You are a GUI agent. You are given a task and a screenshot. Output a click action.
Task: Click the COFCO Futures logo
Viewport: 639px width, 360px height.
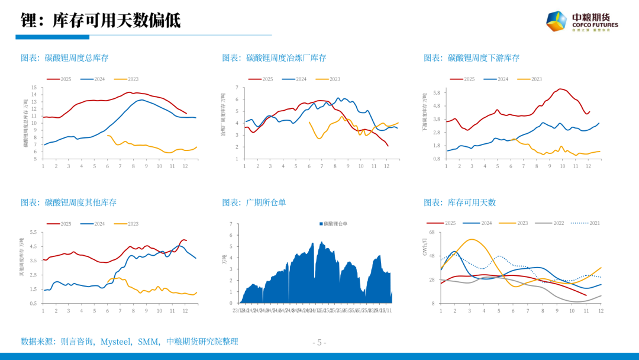[x=582, y=22]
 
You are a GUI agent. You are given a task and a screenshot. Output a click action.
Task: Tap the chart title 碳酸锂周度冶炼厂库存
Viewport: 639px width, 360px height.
[x=274, y=57]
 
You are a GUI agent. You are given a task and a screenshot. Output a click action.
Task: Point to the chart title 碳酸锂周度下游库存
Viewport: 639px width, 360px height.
[x=472, y=57]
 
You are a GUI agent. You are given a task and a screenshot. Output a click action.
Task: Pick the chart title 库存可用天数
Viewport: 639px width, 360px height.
[x=460, y=202]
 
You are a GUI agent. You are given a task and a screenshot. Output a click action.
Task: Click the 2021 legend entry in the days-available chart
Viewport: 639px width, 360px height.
[x=588, y=223]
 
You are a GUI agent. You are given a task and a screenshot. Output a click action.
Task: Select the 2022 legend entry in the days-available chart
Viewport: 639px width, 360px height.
[x=552, y=223]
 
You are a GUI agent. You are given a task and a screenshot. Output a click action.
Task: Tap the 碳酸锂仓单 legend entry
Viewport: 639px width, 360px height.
[x=333, y=224]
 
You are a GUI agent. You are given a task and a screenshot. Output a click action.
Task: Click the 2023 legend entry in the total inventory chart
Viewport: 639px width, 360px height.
[x=127, y=79]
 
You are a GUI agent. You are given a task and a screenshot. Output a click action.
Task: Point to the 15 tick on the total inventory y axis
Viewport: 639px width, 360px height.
[x=34, y=88]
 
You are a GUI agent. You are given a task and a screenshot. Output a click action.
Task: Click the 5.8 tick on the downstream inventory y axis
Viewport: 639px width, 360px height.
[x=436, y=93]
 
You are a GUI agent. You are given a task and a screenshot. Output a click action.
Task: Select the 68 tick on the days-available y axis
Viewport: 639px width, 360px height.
[x=432, y=233]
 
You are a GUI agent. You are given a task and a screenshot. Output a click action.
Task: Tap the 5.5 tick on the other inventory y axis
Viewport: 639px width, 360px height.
[x=33, y=233]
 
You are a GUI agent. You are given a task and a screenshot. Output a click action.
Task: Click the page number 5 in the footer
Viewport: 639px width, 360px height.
[x=319, y=342]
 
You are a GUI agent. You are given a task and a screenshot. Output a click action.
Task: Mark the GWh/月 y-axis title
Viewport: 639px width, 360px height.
[x=424, y=247]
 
